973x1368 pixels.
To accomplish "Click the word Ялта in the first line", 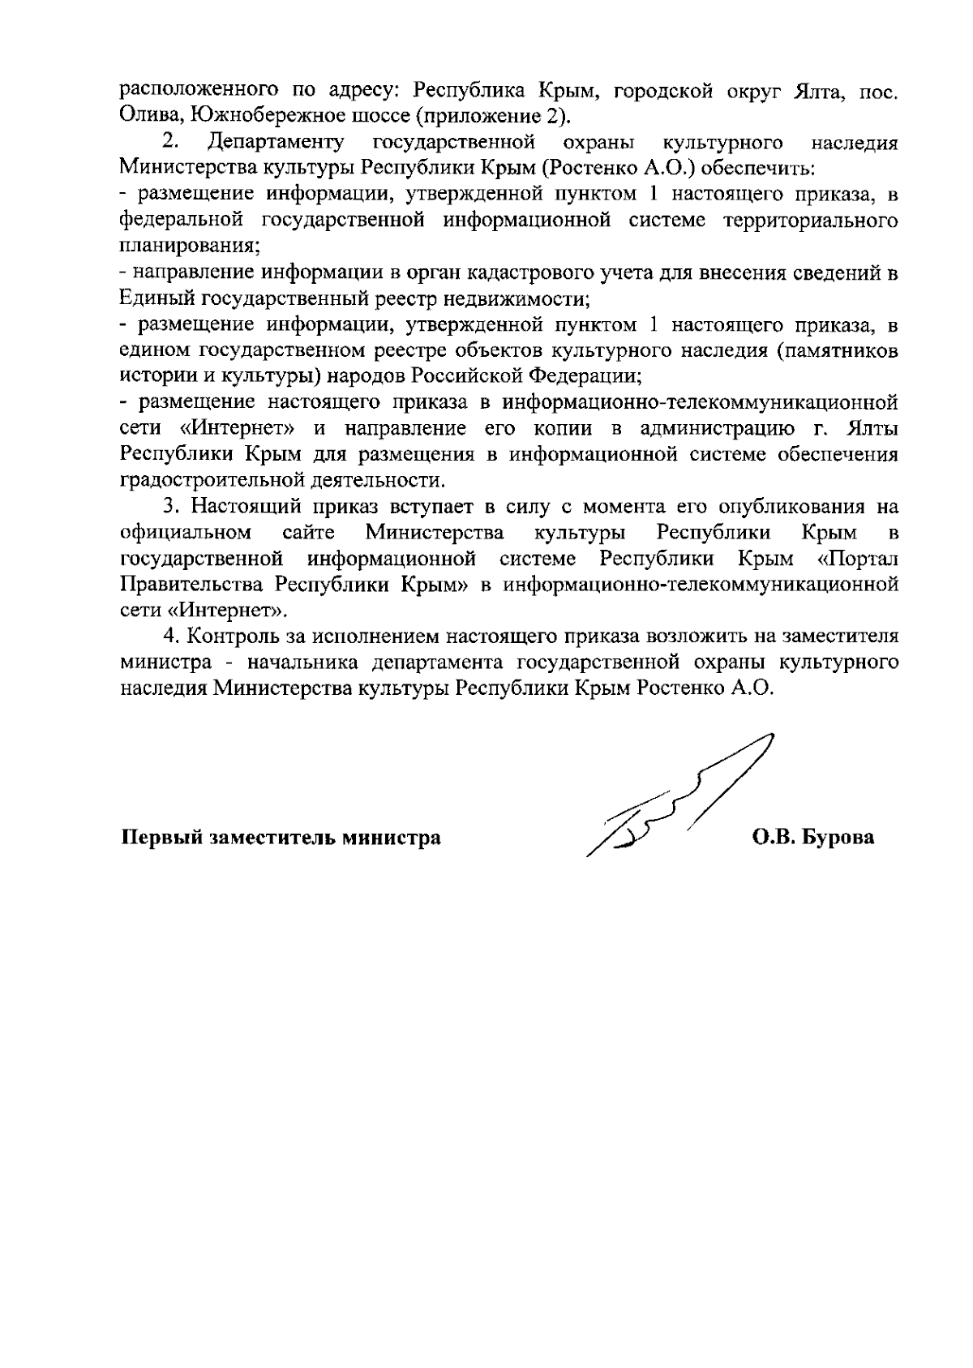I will (817, 90).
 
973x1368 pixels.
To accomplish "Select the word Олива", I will (145, 116).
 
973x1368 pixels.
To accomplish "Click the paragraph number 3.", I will (169, 508).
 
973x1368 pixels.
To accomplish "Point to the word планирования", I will (188, 247).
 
